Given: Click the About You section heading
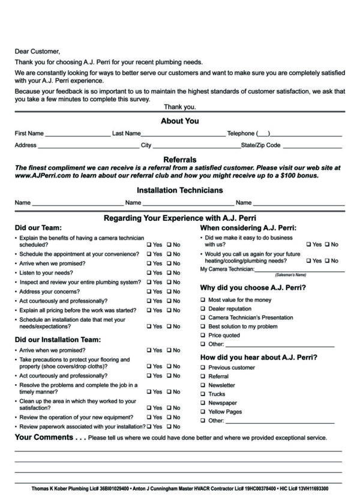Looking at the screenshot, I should pyautogui.click(x=179, y=121).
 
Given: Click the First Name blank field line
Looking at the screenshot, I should pyautogui.click(x=77, y=134).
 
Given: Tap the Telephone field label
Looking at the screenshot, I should pyautogui.click(x=241, y=133).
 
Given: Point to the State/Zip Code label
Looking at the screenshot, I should pyautogui.click(x=260, y=145).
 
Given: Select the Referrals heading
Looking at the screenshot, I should pyautogui.click(x=179, y=160).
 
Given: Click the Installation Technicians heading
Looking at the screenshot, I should pyautogui.click(x=179, y=190).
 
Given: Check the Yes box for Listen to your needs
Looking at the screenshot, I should pyautogui.click(x=149, y=273).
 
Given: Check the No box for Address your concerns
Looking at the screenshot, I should pyautogui.click(x=169, y=292).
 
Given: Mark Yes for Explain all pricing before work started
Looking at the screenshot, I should pyautogui.click(x=149, y=310).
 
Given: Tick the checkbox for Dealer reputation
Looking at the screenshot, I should pyautogui.click(x=202, y=309).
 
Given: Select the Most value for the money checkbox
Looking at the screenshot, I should pyautogui.click(x=202, y=300).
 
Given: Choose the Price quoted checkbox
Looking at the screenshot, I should pyautogui.click(x=202, y=336).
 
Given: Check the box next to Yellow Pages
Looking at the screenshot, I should pyautogui.click(x=202, y=412).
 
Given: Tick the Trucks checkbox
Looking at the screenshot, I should pyautogui.click(x=202, y=394).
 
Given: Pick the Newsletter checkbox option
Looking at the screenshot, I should pyautogui.click(x=202, y=385).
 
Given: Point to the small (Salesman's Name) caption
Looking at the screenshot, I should pyautogui.click(x=290, y=274).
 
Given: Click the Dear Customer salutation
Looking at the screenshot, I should pyautogui.click(x=37, y=52).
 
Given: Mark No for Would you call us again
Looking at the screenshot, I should pyautogui.click(x=327, y=261).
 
